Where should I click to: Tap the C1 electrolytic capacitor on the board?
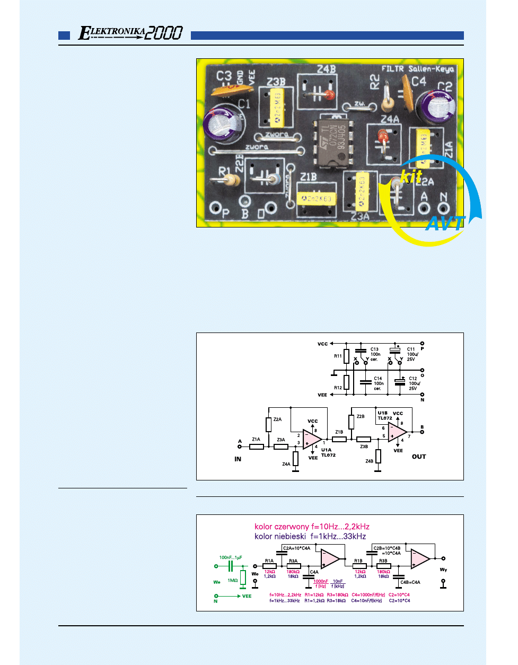pyautogui.click(x=223, y=126)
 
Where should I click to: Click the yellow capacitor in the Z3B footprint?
pyautogui.click(x=276, y=107)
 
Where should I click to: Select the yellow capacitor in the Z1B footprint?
pyautogui.click(x=317, y=198)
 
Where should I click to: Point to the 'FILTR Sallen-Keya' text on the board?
pyautogui.click(x=418, y=69)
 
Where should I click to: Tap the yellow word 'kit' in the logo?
pyautogui.click(x=411, y=176)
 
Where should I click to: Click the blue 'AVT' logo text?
pyautogui.click(x=445, y=223)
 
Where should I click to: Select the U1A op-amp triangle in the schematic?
pyautogui.click(x=312, y=439)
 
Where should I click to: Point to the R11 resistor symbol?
pyautogui.click(x=346, y=356)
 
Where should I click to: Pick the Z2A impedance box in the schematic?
pyautogui.click(x=269, y=424)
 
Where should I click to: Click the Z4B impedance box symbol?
pyautogui.click(x=378, y=456)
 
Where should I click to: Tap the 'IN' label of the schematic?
pyautogui.click(x=238, y=459)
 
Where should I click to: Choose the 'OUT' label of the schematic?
pyautogui.click(x=419, y=457)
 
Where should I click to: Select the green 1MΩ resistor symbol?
pyautogui.click(x=243, y=577)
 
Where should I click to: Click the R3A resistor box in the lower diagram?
pyautogui.click(x=293, y=566)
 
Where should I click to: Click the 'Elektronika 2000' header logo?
pyautogui.click(x=130, y=33)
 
